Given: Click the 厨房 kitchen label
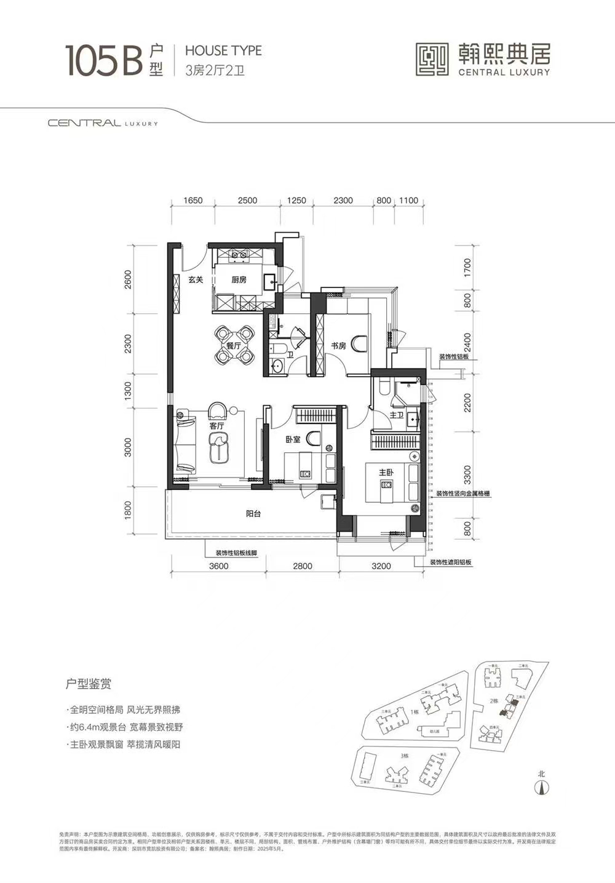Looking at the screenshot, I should click(x=239, y=280).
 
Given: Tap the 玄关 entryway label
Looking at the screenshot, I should click(x=196, y=280).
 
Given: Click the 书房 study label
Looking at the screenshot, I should click(x=338, y=346).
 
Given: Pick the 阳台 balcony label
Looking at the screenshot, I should click(x=253, y=513).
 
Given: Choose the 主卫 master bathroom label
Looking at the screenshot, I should click(x=396, y=415).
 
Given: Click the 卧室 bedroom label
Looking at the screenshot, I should click(x=293, y=440).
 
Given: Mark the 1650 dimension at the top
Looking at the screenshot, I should click(x=193, y=201).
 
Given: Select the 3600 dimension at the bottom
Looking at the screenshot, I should click(x=218, y=566).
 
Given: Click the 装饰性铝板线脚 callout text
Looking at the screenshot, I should click(x=236, y=553).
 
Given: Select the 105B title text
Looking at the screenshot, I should click(x=105, y=60).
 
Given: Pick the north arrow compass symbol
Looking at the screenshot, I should click(x=542, y=786).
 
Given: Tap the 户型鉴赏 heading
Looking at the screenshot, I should click(x=89, y=684).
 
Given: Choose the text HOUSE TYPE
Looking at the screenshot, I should click(x=223, y=50).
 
